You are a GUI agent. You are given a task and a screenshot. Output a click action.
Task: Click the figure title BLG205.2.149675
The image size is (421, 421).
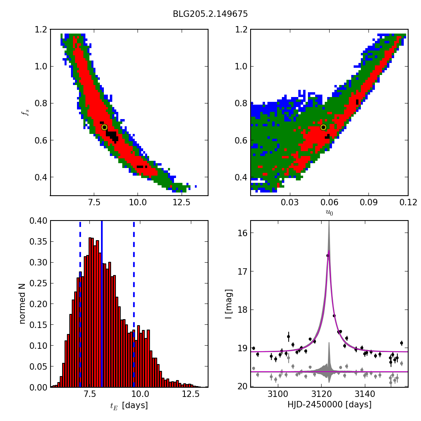(210, 14)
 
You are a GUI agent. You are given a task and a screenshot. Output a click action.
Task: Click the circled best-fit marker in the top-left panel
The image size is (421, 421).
(104, 127)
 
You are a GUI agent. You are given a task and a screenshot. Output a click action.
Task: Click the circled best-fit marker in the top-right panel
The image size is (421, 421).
(323, 127)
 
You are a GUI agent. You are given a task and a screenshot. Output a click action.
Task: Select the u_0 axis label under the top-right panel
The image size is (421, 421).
(329, 213)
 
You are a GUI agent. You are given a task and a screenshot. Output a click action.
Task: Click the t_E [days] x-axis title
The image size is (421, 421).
(129, 405)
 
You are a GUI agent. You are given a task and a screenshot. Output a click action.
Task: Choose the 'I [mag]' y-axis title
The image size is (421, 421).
(229, 304)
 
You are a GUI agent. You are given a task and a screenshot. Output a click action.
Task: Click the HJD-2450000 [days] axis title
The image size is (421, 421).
(329, 405)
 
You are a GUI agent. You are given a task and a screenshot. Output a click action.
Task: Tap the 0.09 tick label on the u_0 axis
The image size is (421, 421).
(369, 202)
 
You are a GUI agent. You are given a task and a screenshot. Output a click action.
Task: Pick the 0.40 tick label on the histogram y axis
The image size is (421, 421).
(38, 221)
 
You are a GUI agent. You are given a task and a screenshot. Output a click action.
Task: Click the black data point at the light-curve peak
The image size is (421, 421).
(328, 255)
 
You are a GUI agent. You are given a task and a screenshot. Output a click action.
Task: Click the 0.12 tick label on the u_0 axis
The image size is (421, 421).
(408, 202)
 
